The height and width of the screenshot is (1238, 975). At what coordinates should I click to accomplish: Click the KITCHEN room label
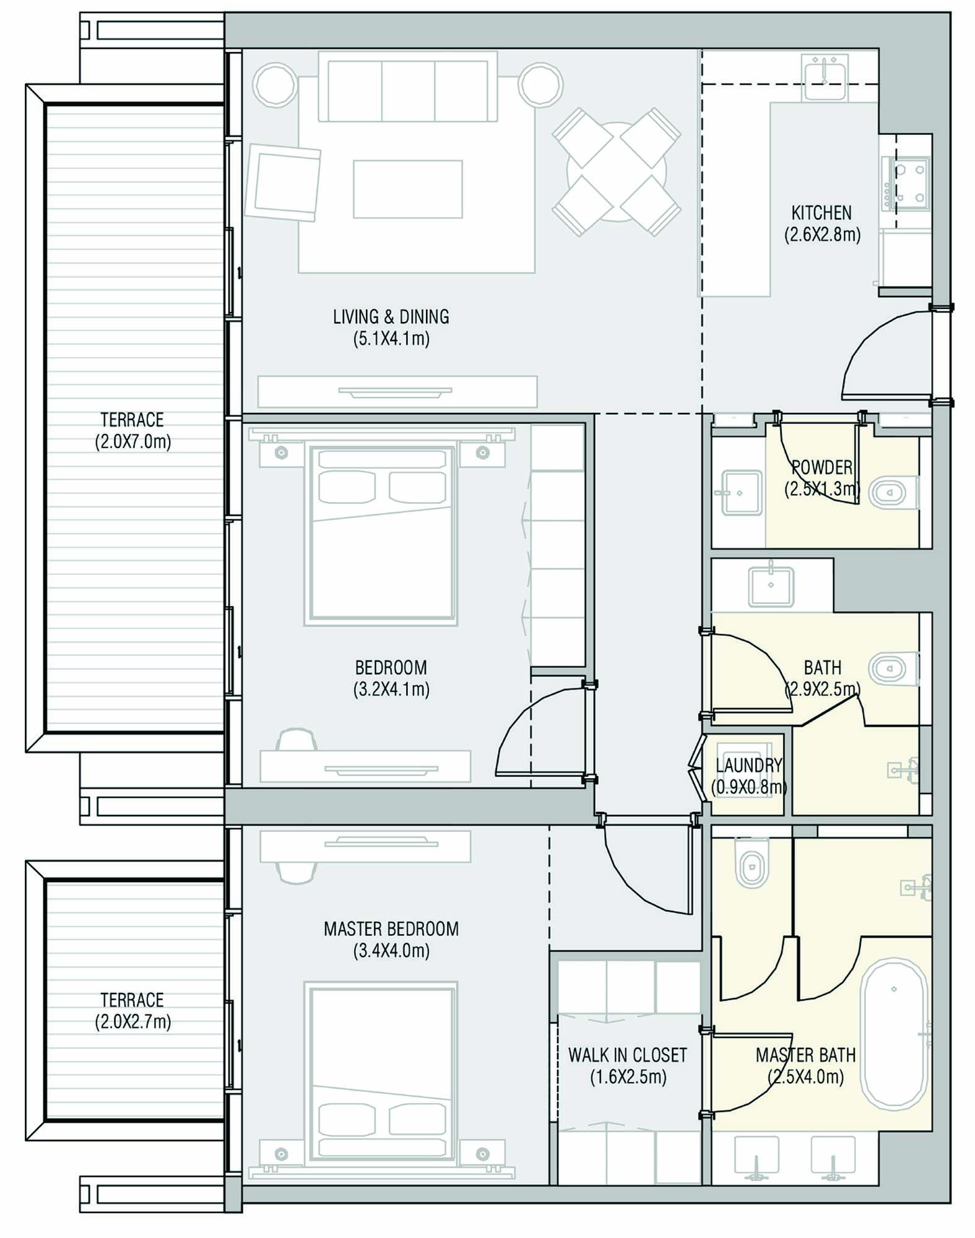tap(821, 213)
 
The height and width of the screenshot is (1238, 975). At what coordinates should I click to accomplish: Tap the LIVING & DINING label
tap(391, 317)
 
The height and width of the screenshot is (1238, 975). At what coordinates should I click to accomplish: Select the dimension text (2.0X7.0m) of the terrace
tap(132, 442)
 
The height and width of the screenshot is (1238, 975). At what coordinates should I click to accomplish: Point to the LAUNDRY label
tap(748, 765)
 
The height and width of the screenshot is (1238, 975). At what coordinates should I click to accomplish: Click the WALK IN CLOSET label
tap(628, 1055)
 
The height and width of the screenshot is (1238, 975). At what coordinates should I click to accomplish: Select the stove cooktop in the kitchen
tap(906, 183)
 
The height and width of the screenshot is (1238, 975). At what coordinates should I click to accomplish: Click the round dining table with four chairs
tap(617, 171)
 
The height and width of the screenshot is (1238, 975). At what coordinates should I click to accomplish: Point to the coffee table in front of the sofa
tap(408, 189)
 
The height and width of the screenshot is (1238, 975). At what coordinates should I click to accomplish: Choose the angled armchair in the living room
tap(283, 181)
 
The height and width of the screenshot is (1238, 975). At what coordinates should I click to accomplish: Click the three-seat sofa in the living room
tap(408, 87)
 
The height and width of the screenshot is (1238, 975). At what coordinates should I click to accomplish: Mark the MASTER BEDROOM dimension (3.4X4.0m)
tap(391, 951)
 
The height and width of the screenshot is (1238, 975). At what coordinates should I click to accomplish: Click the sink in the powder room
tap(741, 493)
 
